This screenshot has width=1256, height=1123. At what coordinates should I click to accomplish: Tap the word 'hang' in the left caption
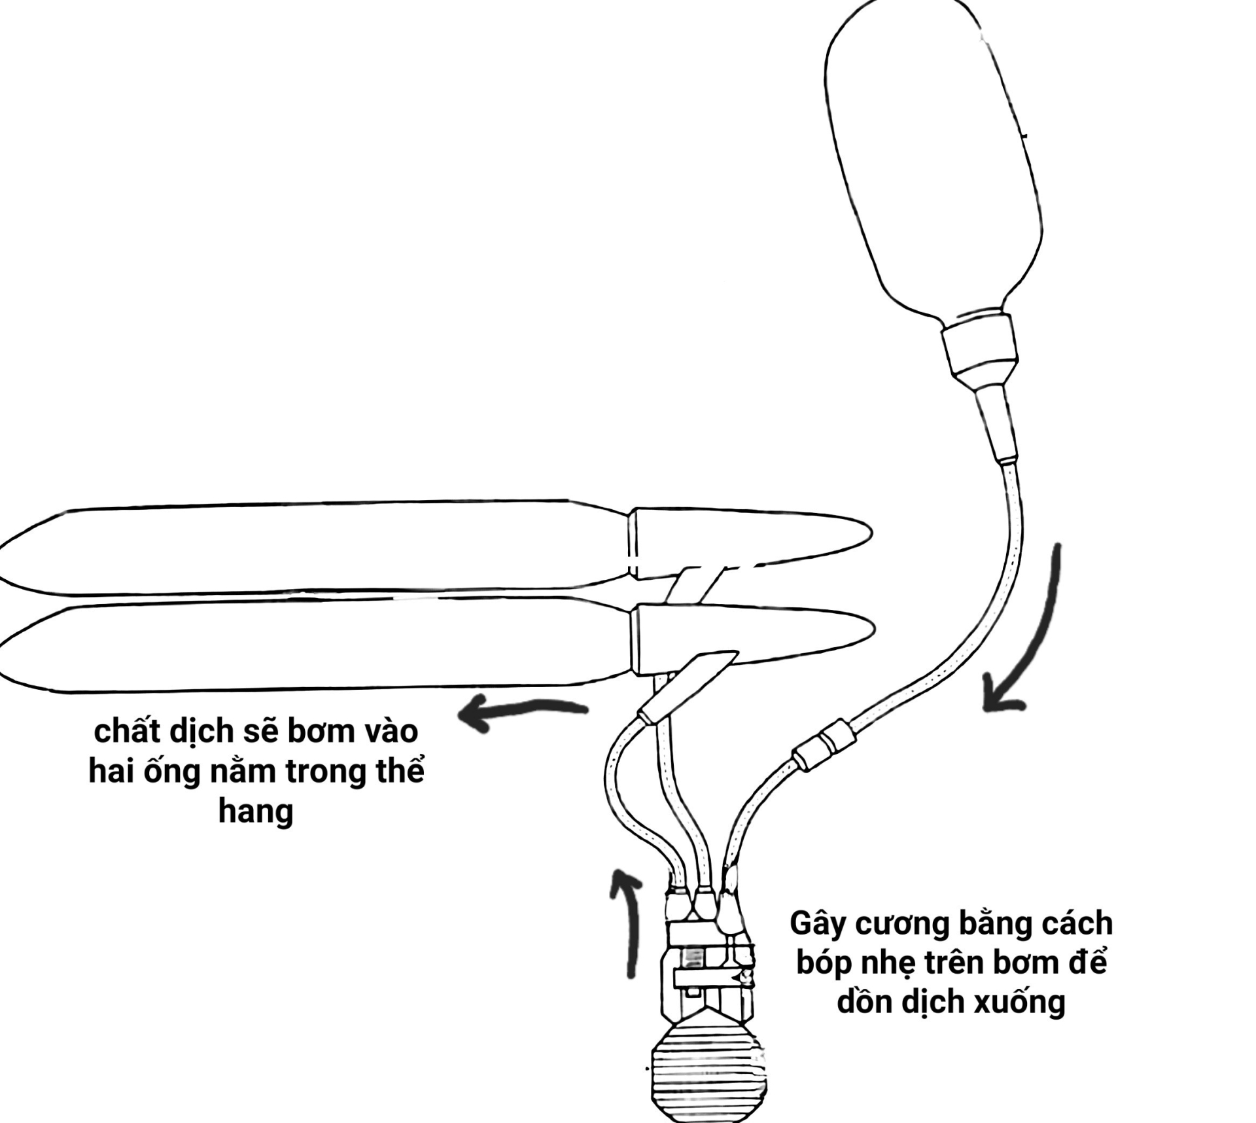255,811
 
